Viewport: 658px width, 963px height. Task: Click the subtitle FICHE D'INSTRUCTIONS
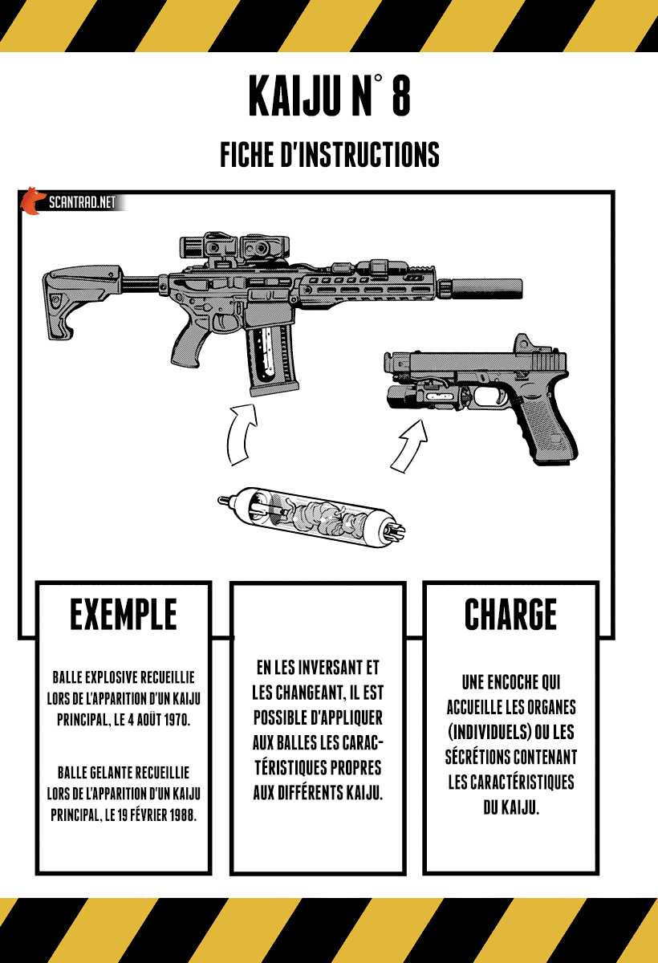pos(329,154)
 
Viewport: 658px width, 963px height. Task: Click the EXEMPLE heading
pos(123,616)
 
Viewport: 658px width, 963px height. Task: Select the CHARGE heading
pos(510,616)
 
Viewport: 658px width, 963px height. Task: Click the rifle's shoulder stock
pos(80,297)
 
